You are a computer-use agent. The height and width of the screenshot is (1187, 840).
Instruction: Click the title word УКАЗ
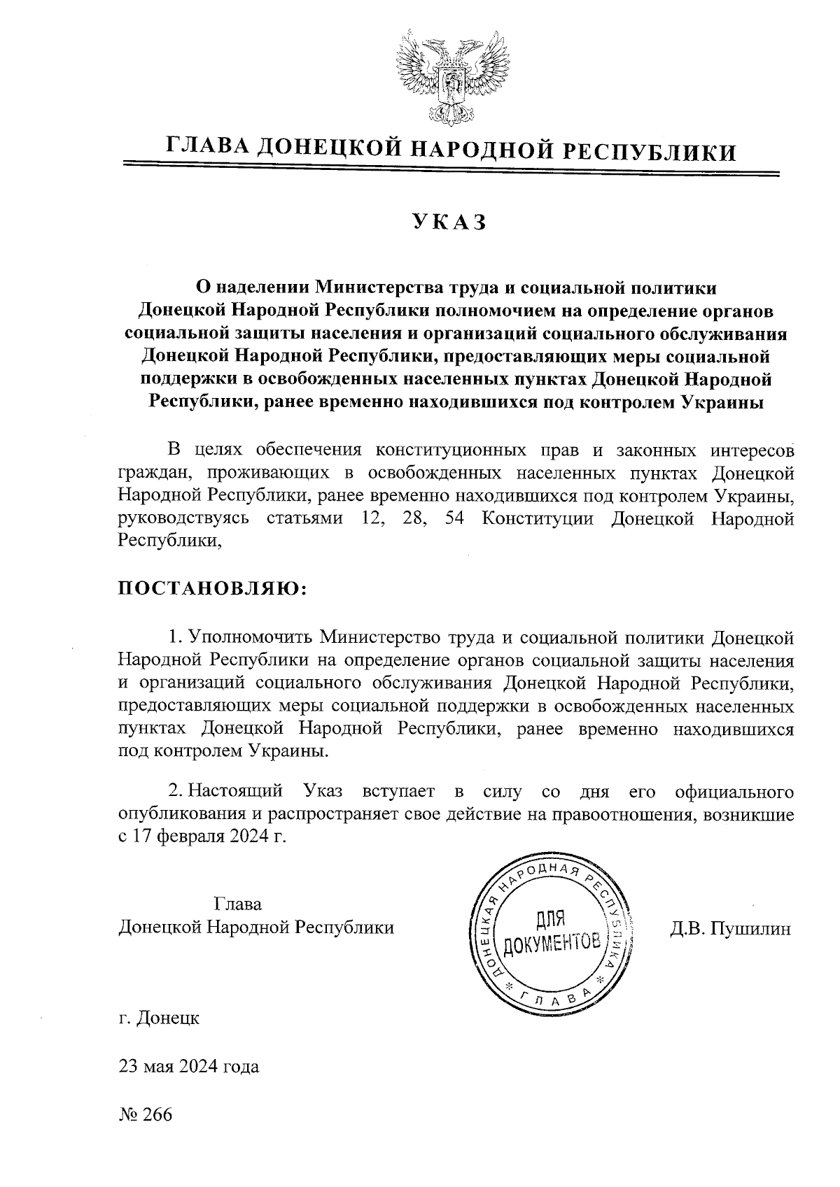coord(449,222)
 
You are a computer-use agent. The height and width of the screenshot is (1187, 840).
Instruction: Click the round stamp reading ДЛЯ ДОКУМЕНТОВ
coord(552,937)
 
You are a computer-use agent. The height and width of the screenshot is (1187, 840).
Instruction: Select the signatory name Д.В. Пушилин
coord(731,928)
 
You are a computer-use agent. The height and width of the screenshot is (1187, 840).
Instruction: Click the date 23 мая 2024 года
coord(189,1066)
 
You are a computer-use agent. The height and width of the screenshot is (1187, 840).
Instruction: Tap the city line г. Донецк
coord(159,1017)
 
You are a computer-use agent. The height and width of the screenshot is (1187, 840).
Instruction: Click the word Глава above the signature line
coord(237,904)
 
